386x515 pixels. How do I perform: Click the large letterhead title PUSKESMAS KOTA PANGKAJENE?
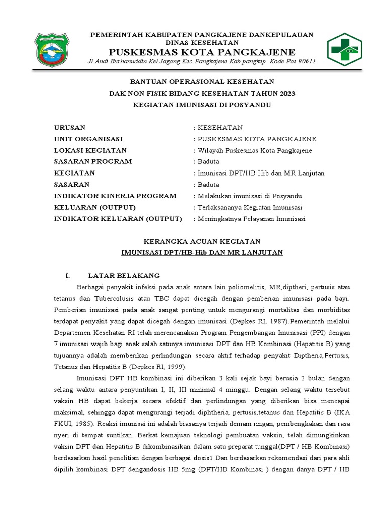(x=202, y=53)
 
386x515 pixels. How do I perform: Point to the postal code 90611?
(x=305, y=62)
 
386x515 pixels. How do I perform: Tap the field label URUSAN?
(x=69, y=128)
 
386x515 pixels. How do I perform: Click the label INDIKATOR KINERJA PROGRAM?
(x=115, y=196)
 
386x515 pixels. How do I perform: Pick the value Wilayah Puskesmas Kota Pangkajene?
(x=254, y=150)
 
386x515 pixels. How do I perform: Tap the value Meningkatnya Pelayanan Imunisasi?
(x=251, y=219)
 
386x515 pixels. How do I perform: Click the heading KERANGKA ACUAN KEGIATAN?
(x=202, y=241)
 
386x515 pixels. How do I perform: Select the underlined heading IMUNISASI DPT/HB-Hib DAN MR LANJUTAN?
(x=202, y=252)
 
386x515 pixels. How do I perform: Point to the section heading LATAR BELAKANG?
(x=124, y=276)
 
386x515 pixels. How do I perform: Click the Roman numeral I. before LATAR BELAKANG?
(x=70, y=276)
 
